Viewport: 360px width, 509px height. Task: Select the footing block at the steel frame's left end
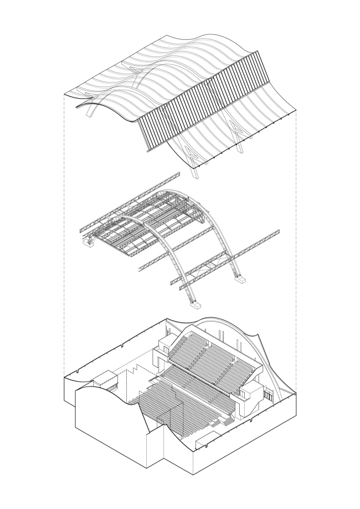tap(88, 241)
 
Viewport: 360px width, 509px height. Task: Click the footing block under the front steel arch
tap(195, 302)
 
